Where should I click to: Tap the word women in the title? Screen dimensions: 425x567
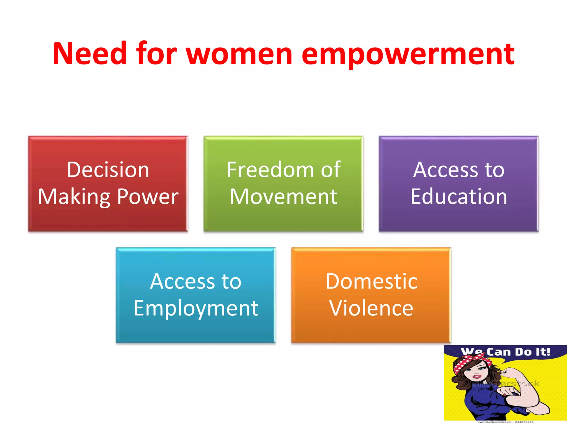[x=239, y=54]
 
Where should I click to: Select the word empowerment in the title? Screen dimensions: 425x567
[x=408, y=55]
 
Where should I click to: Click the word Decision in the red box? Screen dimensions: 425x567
[x=108, y=170]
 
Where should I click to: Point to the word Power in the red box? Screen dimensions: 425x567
[x=148, y=197]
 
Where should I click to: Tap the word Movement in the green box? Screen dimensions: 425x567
[x=283, y=197]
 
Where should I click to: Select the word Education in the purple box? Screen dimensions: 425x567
[x=459, y=197]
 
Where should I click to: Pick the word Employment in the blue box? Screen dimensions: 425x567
[x=196, y=308]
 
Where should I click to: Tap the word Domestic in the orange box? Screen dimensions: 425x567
[x=371, y=281]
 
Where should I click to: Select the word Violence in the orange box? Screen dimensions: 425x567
[x=371, y=308]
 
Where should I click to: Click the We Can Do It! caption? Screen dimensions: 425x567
[x=506, y=352]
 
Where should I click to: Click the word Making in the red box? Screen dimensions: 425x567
[x=74, y=197]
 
